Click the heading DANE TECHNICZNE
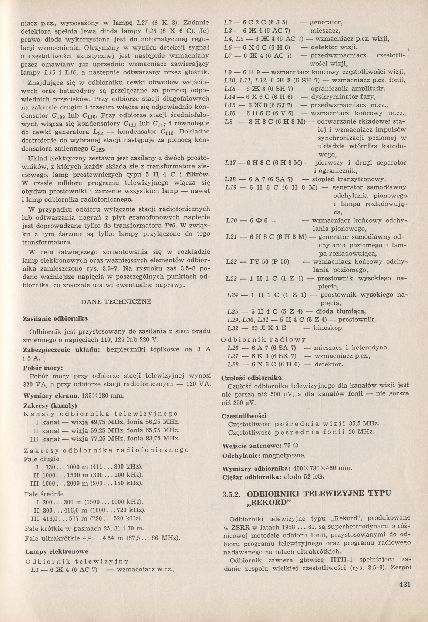[116, 301]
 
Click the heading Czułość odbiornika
[251, 378]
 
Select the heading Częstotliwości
[243, 416]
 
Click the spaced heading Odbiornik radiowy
[263, 339]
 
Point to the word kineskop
[329, 328]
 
